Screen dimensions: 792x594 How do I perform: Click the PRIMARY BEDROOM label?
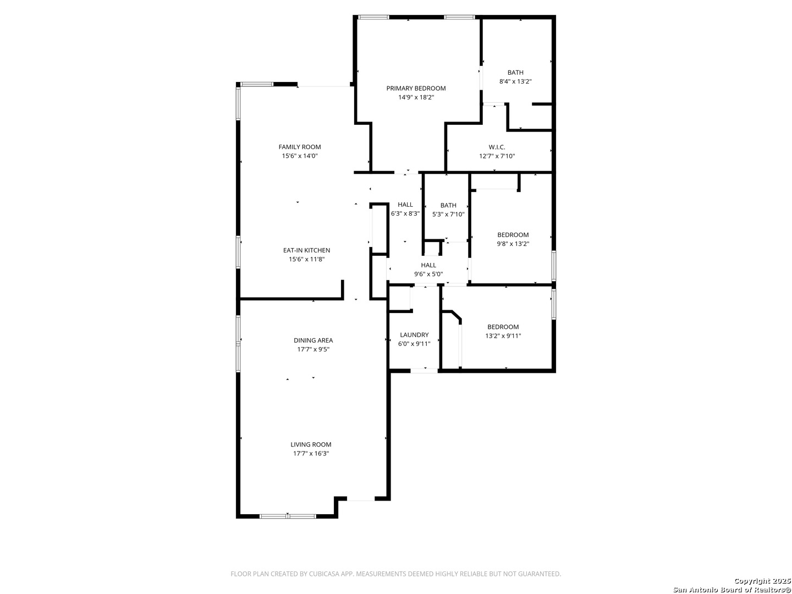coord(416,89)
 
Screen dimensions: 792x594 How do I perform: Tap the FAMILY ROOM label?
coord(300,147)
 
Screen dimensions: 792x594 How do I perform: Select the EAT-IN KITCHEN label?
coord(306,250)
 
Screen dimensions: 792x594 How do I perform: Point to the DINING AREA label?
coord(313,340)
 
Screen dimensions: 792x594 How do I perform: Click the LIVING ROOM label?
coord(311,444)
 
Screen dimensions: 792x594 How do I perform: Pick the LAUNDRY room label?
coord(414,335)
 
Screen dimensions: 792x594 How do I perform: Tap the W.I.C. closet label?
coord(497,147)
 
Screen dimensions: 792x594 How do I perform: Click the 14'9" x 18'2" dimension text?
coord(416,97)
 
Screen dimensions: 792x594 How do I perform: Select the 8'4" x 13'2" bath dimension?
coord(515,81)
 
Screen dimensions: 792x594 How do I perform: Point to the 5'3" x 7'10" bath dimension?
coord(448,215)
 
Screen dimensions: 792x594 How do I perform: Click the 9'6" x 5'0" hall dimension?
coord(428,274)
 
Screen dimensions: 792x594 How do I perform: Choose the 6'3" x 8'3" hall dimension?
coord(405,213)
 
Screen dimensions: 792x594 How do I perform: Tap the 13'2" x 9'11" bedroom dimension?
coord(503,335)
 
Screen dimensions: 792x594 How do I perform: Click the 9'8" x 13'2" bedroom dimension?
coord(513,244)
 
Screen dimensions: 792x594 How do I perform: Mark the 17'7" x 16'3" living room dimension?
coord(311,453)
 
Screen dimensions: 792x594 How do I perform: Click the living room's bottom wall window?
coord(288,516)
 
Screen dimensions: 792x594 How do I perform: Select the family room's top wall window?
coord(257,84)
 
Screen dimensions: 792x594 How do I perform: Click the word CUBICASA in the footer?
coord(322,574)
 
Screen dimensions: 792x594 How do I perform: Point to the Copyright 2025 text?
coord(762,581)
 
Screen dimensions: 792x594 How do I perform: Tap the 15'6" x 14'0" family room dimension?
coord(300,156)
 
